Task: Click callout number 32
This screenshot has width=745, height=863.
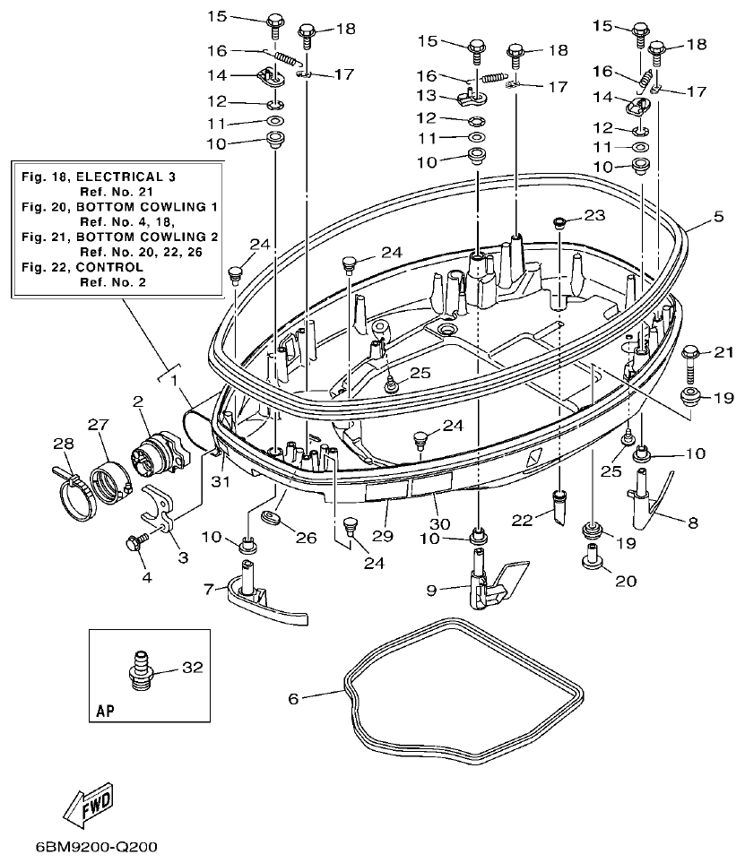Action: click(193, 668)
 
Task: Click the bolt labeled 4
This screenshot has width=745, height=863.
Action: click(137, 542)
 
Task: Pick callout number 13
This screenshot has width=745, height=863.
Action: click(426, 95)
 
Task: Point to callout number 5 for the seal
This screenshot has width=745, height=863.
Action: click(718, 215)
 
